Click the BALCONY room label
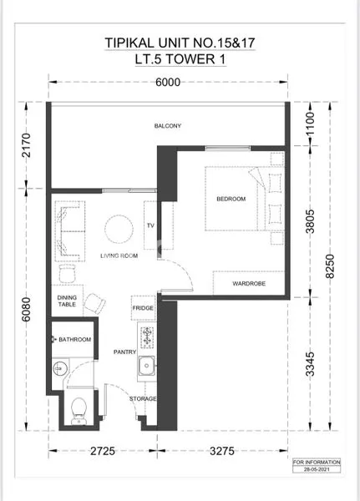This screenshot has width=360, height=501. [167, 126]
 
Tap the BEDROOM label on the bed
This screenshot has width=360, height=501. [231, 199]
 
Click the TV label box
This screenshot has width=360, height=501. [151, 225]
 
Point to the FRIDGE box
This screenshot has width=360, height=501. [143, 308]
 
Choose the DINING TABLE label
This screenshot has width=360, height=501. [67, 302]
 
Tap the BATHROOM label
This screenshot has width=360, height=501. [75, 340]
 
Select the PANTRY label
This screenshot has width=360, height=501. [124, 352]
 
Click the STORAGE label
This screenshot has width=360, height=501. [143, 400]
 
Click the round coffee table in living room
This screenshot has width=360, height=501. [118, 228]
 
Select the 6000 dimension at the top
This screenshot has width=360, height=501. [168, 82]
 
